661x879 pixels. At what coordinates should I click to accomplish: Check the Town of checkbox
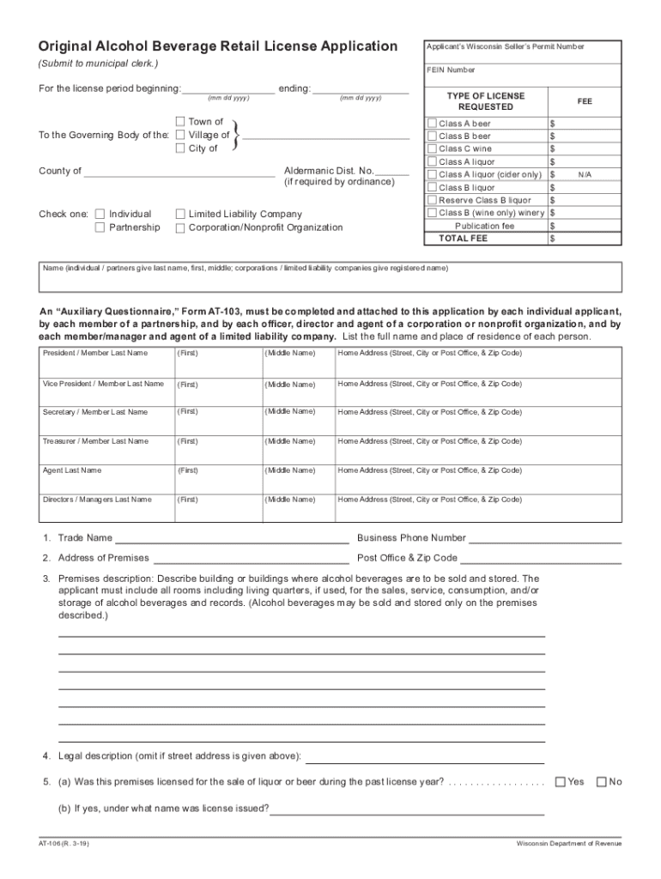click(180, 122)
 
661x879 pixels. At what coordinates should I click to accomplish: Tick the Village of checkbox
click(180, 135)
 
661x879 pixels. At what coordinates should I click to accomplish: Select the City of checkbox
click(180, 149)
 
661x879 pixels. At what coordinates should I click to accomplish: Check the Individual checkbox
click(100, 214)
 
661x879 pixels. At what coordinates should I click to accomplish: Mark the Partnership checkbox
click(100, 227)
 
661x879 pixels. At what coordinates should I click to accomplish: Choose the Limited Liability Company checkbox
click(180, 214)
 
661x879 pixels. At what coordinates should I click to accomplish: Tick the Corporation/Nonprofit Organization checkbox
click(180, 227)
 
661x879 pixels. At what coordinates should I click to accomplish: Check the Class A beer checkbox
click(433, 124)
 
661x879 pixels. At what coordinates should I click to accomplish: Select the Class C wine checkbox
click(433, 149)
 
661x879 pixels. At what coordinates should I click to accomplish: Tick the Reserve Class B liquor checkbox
click(433, 200)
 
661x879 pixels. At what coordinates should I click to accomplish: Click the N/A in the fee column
click(585, 174)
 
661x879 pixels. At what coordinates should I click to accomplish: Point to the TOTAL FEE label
click(463, 238)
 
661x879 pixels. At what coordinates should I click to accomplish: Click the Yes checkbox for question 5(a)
click(561, 781)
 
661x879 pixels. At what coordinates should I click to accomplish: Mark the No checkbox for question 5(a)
click(601, 781)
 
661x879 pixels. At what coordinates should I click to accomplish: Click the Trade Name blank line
click(232, 539)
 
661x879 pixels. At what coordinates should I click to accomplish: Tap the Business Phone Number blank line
click(544, 539)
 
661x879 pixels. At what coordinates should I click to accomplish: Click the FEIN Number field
click(524, 76)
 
